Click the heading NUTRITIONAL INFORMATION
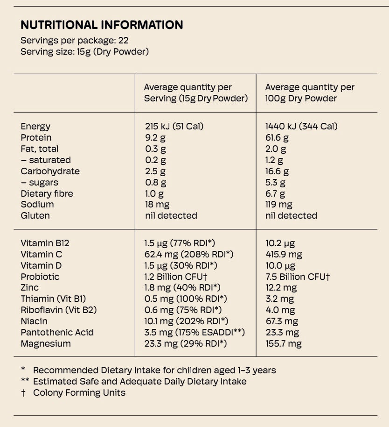click(x=102, y=25)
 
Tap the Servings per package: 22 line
click(x=75, y=41)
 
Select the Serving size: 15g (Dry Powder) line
click(x=84, y=51)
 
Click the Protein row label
click(x=36, y=137)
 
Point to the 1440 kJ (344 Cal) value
click(x=301, y=126)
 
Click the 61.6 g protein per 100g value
click(x=277, y=137)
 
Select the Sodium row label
click(x=37, y=204)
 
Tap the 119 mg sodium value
click(x=279, y=204)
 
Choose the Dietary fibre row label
click(x=47, y=193)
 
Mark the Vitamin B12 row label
click(x=45, y=243)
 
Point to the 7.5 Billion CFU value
click(x=298, y=277)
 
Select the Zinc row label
click(x=29, y=287)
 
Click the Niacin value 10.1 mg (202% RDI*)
click(x=186, y=321)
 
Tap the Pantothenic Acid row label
click(x=57, y=332)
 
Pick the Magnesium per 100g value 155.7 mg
click(x=284, y=343)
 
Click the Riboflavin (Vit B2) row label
click(x=59, y=310)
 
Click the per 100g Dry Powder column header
click(x=310, y=93)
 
